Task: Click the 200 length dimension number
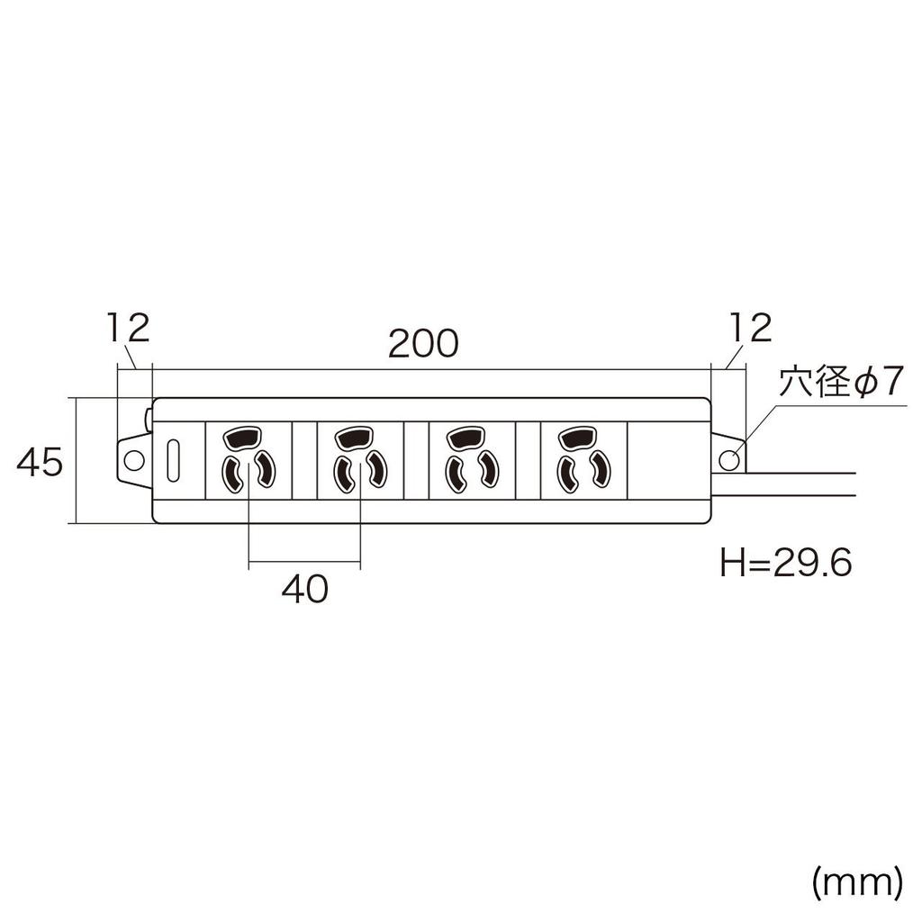click(423, 345)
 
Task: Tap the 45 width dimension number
click(41, 464)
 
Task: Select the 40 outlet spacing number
click(304, 590)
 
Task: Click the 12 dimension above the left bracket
click(126, 329)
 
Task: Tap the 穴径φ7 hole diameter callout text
click(839, 384)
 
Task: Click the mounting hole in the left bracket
click(133, 460)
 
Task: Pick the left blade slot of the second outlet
click(344, 473)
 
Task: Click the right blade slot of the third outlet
click(487, 469)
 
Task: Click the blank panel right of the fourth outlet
click(668, 459)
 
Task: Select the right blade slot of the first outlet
click(265, 469)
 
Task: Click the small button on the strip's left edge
click(149, 418)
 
